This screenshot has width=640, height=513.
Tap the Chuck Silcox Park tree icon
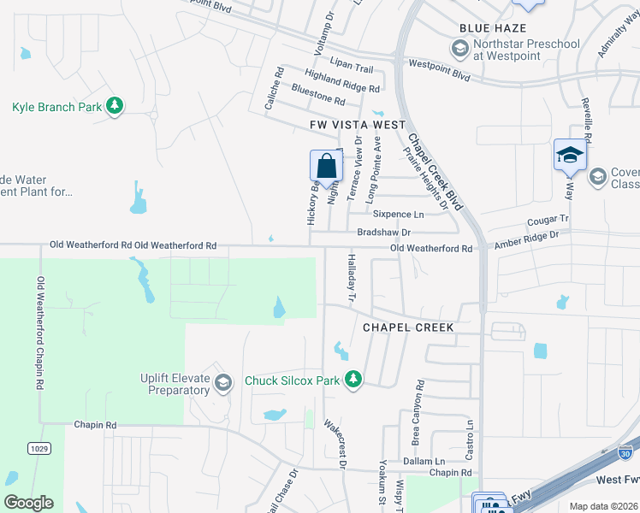click(x=353, y=379)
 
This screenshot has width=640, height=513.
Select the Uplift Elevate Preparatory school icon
click(x=224, y=382)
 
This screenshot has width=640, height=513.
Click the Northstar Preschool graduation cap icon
click(x=459, y=50)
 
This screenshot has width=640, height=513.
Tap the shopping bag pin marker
click(x=326, y=164)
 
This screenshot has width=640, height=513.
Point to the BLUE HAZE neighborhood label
click(x=492, y=28)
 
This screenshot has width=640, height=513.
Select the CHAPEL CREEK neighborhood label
click(x=407, y=327)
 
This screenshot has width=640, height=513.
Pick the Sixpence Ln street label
click(x=400, y=215)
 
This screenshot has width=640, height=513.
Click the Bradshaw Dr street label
click(x=384, y=233)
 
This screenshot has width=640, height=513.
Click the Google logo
click(x=29, y=503)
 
